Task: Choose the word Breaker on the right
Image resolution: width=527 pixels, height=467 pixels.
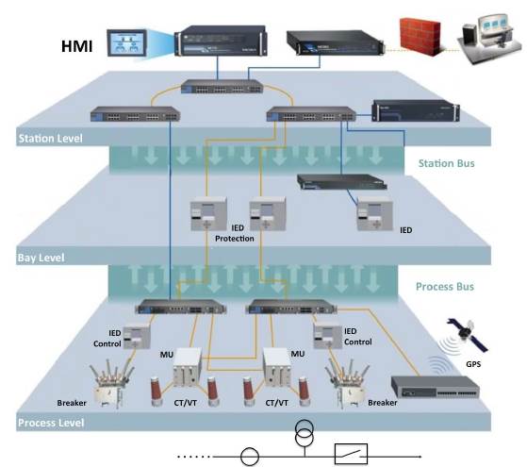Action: coord(382,402)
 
